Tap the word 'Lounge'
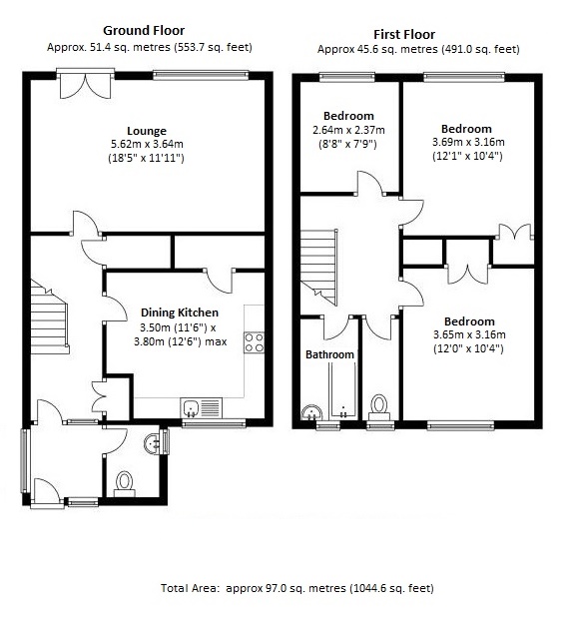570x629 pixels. [x=147, y=131]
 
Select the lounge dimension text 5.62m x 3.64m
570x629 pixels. [x=147, y=144]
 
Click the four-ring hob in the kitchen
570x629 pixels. [x=254, y=341]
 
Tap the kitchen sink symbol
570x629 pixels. [x=201, y=406]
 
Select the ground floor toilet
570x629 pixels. [x=126, y=483]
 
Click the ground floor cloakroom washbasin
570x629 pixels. [x=151, y=442]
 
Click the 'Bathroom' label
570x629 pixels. [x=329, y=354]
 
